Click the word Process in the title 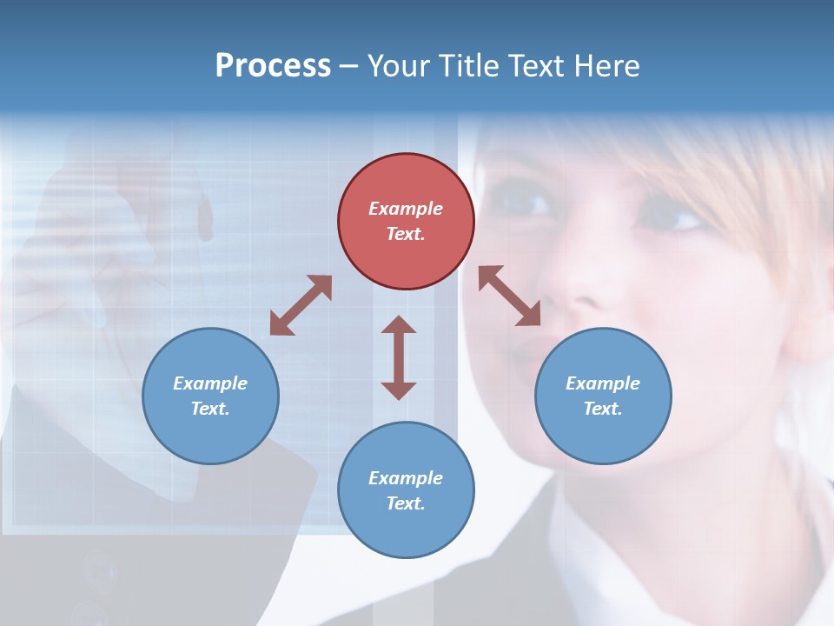pos(273,66)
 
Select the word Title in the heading pos(467,66)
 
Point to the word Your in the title pos(400,66)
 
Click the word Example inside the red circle pos(406,209)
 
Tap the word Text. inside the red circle pos(406,234)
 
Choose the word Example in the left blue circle pos(210,383)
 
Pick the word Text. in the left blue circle pos(210,409)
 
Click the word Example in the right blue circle pos(603,383)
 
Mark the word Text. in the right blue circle pos(603,409)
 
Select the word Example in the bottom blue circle pos(406,478)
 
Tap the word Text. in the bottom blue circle pos(406,503)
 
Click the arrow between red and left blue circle pos(301,305)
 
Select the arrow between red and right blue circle pos(510,296)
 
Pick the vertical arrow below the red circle pos(399,357)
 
